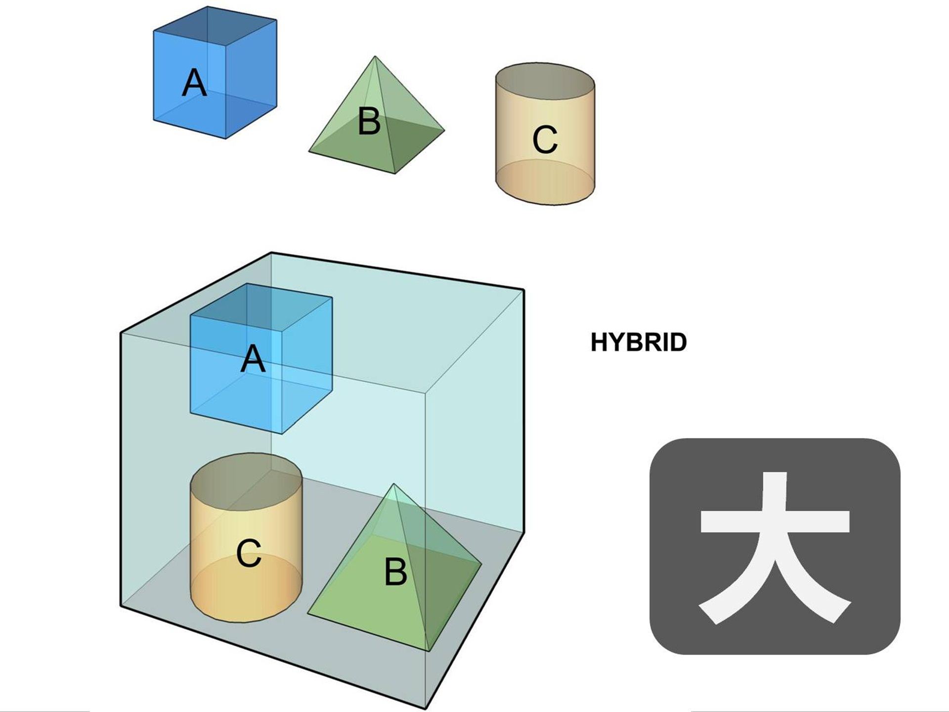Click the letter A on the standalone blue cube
click(x=194, y=83)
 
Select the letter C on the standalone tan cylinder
click(x=545, y=139)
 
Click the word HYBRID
click(x=639, y=342)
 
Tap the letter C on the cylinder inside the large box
click(x=249, y=553)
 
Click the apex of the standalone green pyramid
click(x=375, y=57)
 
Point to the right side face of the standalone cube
click(x=251, y=79)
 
